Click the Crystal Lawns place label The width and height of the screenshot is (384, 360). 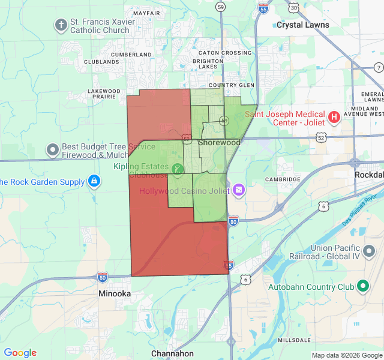[302, 25]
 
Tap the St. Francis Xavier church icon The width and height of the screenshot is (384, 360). [61, 25]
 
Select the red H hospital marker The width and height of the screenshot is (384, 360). [334, 116]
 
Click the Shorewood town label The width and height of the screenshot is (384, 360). [219, 143]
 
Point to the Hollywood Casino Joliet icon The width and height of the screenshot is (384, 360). [239, 190]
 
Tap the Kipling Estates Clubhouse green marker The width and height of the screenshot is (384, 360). [177, 169]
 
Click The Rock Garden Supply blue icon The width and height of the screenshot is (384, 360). [94, 181]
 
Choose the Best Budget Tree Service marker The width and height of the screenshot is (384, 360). [53, 148]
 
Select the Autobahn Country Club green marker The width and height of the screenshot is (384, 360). [362, 287]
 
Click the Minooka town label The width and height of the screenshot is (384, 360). [115, 294]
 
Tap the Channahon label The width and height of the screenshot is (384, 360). [172, 353]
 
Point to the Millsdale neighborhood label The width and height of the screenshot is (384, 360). [294, 340]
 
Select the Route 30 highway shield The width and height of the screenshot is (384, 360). [293, 7]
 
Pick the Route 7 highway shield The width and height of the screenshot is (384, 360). [378, 67]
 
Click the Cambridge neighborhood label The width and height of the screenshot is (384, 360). [283, 179]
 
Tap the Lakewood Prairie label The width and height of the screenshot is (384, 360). [104, 94]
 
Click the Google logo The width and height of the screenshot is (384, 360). [20, 353]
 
